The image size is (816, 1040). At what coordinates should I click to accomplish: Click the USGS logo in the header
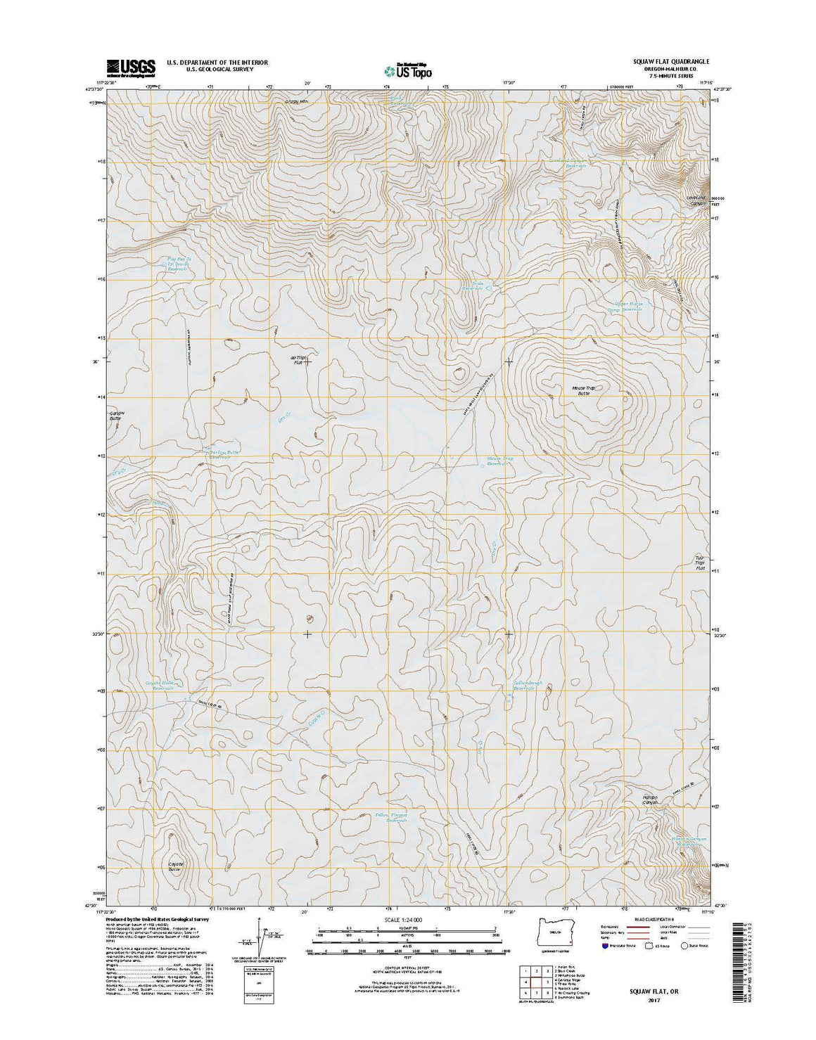click(x=131, y=68)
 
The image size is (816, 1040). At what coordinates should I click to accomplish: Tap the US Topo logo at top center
click(x=408, y=70)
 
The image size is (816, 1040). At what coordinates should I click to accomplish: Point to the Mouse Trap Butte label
click(x=584, y=390)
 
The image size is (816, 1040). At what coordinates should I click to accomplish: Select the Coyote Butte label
click(x=174, y=866)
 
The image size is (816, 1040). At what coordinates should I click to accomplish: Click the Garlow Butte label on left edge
click(x=115, y=416)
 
